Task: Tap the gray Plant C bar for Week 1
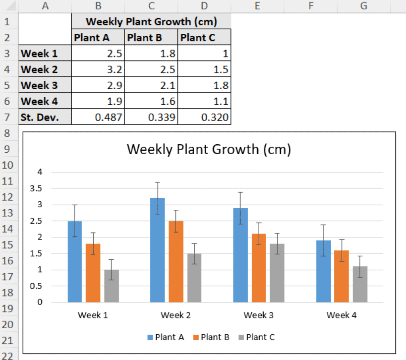point(111,286)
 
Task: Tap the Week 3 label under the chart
point(259,316)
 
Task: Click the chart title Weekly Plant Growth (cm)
point(209,149)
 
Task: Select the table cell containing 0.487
point(98,117)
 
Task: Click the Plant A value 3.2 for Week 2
point(98,69)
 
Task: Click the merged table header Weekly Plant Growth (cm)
point(151,21)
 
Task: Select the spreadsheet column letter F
point(310,6)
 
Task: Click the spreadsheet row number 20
point(8,325)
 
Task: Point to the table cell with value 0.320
point(205,117)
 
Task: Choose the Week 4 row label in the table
point(39,101)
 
